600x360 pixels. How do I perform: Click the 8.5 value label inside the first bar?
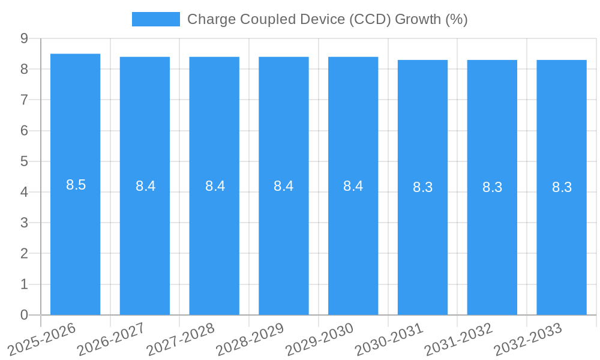(x=76, y=185)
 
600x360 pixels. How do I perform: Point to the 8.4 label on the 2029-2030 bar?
(x=353, y=186)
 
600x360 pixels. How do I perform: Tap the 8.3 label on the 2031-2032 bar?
(x=493, y=187)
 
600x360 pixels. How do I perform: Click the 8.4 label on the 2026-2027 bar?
(x=145, y=186)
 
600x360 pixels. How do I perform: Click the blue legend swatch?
(x=156, y=19)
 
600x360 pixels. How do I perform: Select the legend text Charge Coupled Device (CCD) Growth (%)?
(x=327, y=19)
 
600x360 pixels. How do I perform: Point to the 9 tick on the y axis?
(x=24, y=38)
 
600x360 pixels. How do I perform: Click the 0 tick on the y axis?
(x=24, y=315)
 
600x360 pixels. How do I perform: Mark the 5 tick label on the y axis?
(x=24, y=161)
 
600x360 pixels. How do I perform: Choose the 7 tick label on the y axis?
(x=24, y=100)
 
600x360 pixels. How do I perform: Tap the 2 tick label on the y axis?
(x=24, y=254)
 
